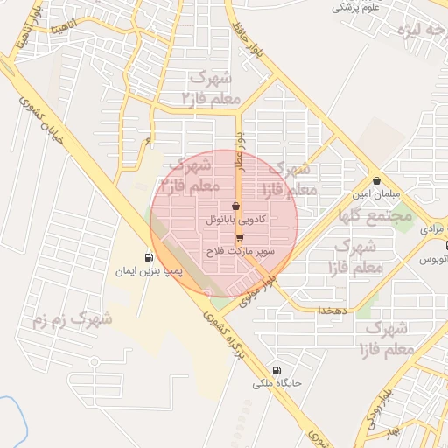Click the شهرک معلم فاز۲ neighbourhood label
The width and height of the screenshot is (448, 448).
tap(212, 87)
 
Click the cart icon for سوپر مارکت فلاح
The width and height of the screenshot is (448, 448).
tap(240, 237)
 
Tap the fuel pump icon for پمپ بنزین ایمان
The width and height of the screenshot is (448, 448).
tap(148, 258)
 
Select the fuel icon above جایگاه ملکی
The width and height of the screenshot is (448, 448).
tap(276, 369)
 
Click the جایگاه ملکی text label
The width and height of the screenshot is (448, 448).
tap(276, 383)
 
